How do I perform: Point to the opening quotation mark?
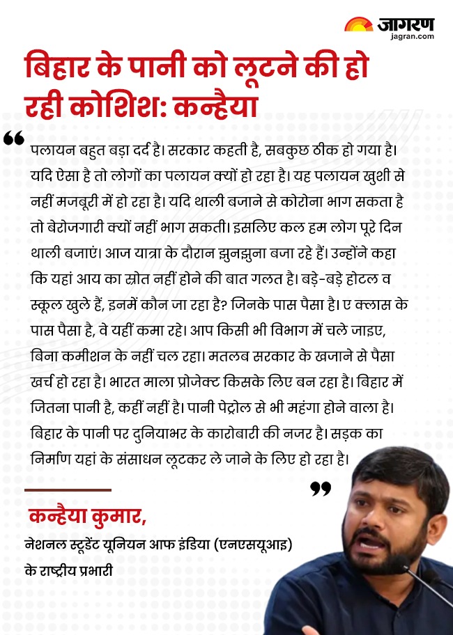13,138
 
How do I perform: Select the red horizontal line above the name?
68,490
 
